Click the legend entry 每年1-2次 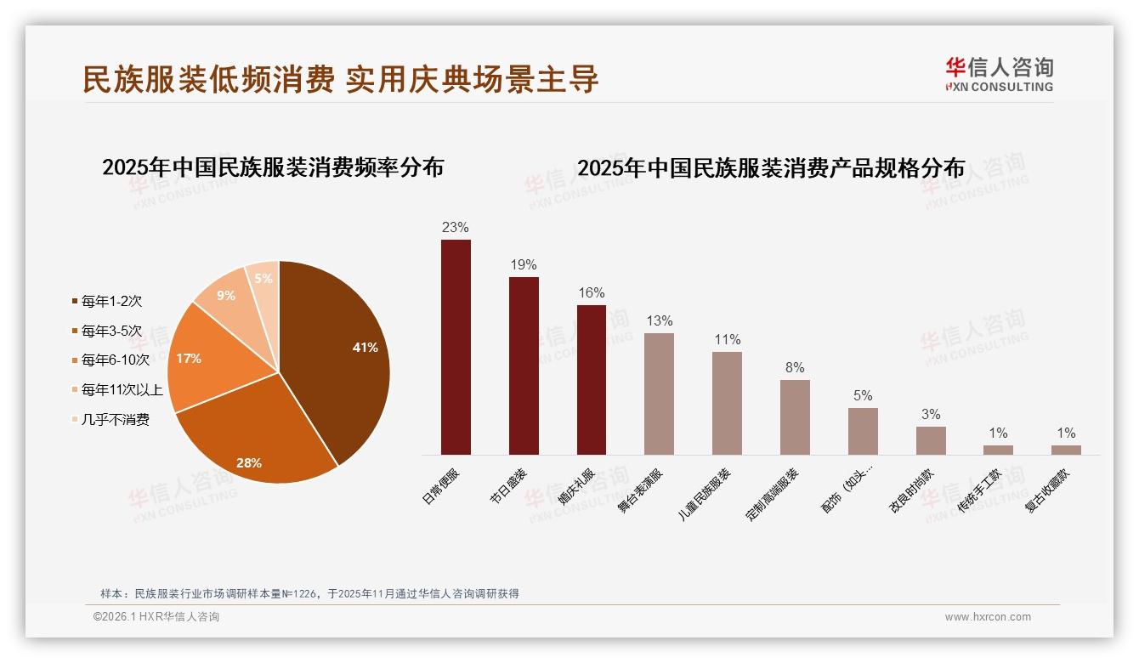pyautogui.click(x=110, y=301)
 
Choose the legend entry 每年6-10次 pyautogui.click(x=114, y=360)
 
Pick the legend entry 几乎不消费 pyautogui.click(x=114, y=419)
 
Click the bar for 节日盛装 pyautogui.click(x=524, y=365)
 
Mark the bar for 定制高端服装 pyautogui.click(x=795, y=417)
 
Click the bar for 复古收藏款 pyautogui.click(x=1066, y=450)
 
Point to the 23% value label pyautogui.click(x=456, y=228)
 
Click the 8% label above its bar pyautogui.click(x=795, y=368)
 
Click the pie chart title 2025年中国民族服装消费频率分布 pyautogui.click(x=273, y=167)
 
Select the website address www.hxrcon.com pyautogui.click(x=988, y=617)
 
